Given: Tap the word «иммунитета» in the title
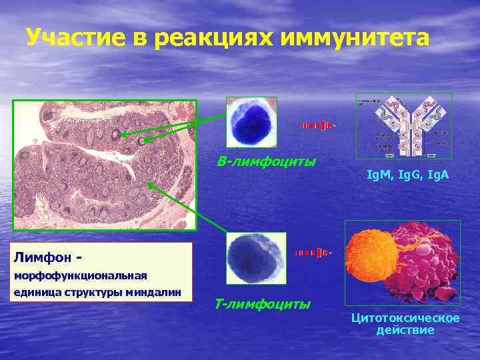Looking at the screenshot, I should (355, 38).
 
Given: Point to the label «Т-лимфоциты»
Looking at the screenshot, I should (263, 305).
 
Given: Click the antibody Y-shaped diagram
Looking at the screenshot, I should (403, 125).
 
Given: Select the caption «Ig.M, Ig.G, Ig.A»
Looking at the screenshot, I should (408, 175).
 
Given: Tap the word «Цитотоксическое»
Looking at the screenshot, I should (405, 318).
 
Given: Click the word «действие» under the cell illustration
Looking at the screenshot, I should (405, 330).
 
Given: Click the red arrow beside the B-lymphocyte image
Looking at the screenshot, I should (315, 125).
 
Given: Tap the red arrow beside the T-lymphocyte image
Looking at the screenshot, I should (312, 253).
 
